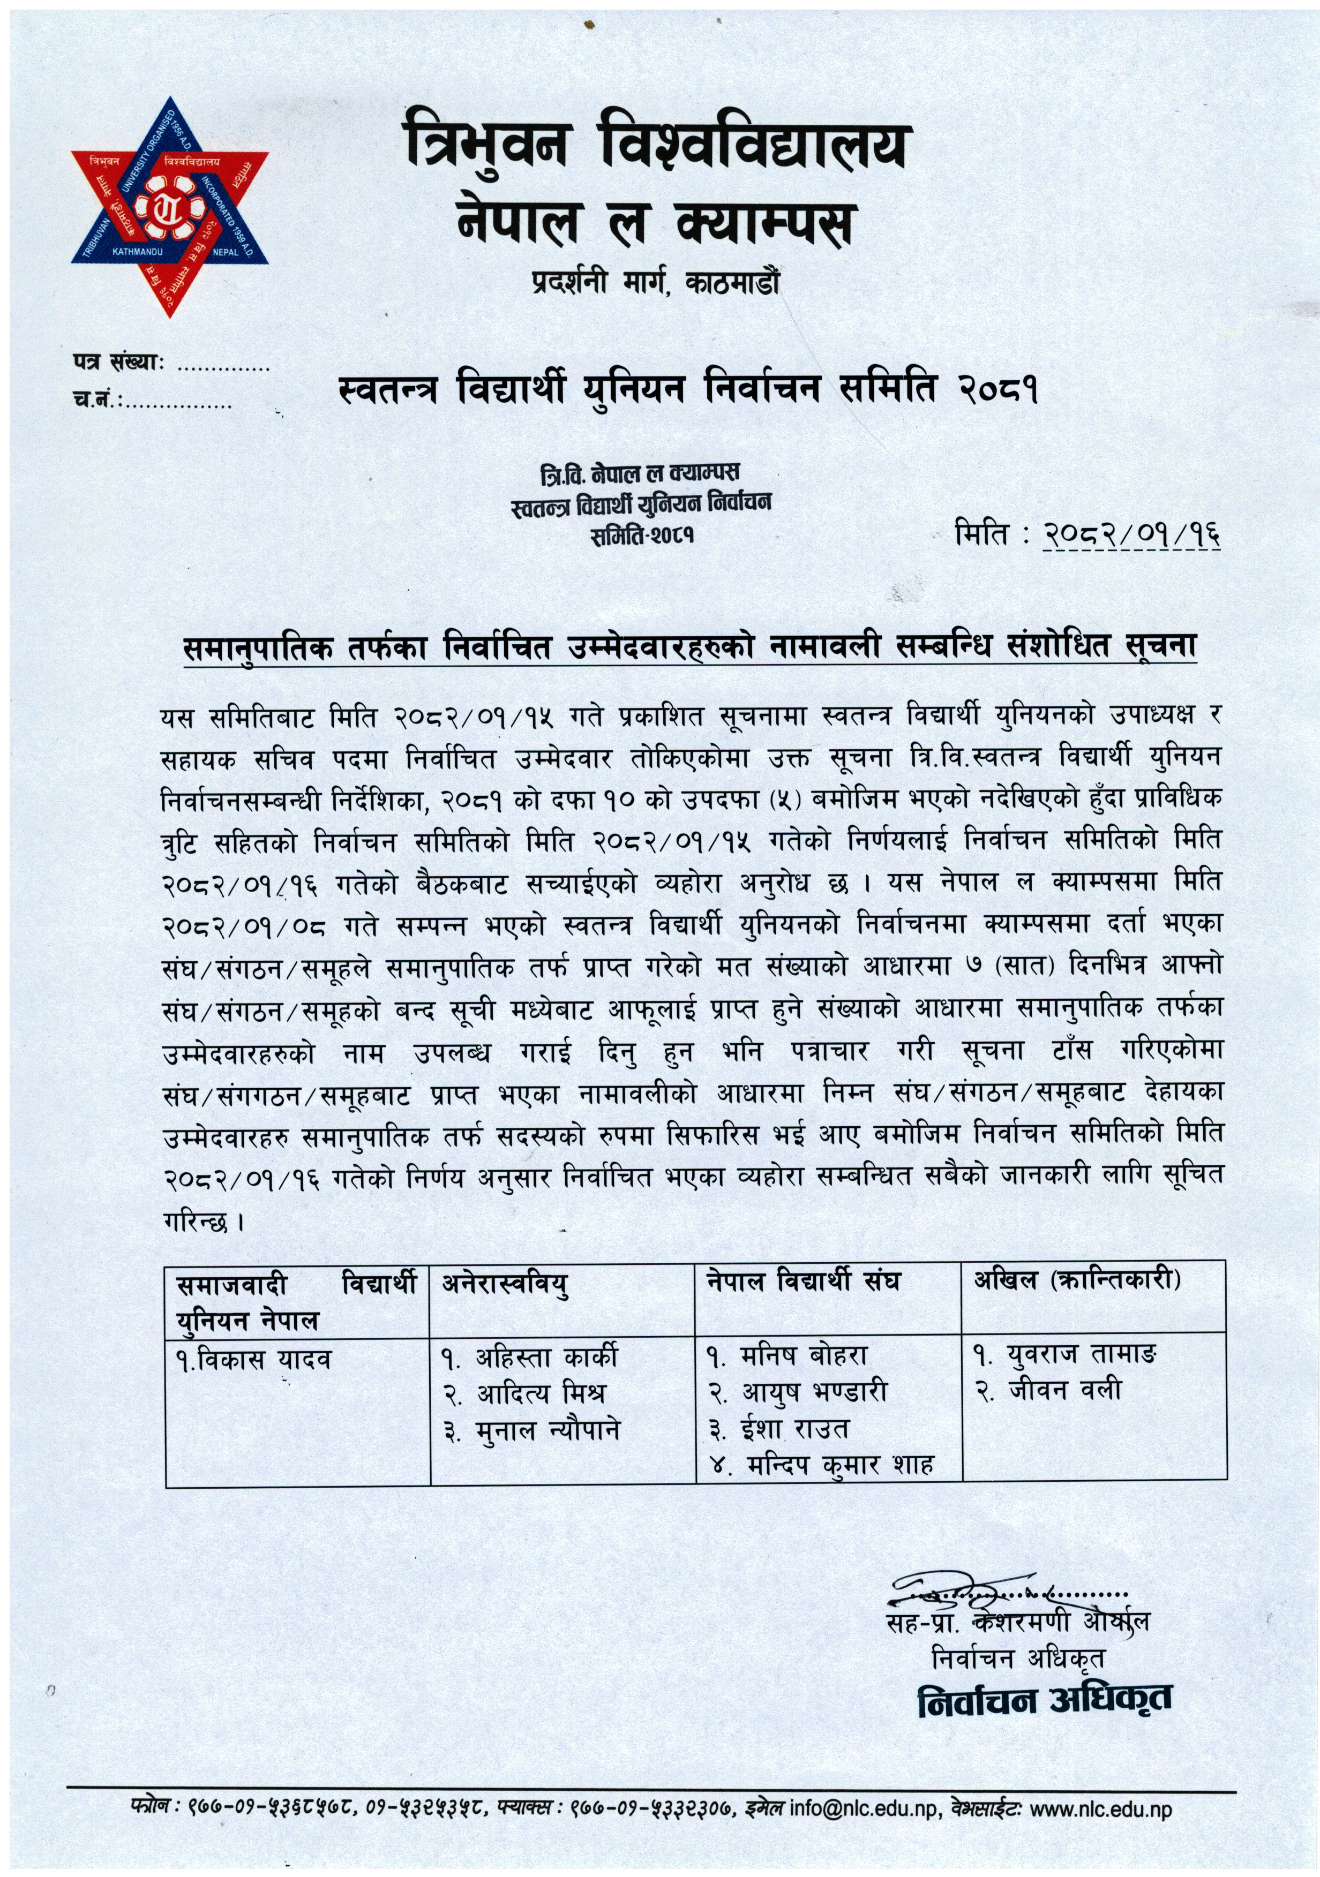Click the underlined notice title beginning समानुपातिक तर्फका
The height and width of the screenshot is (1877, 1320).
pos(689,647)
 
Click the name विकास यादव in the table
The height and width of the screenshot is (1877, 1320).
pos(253,1360)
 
